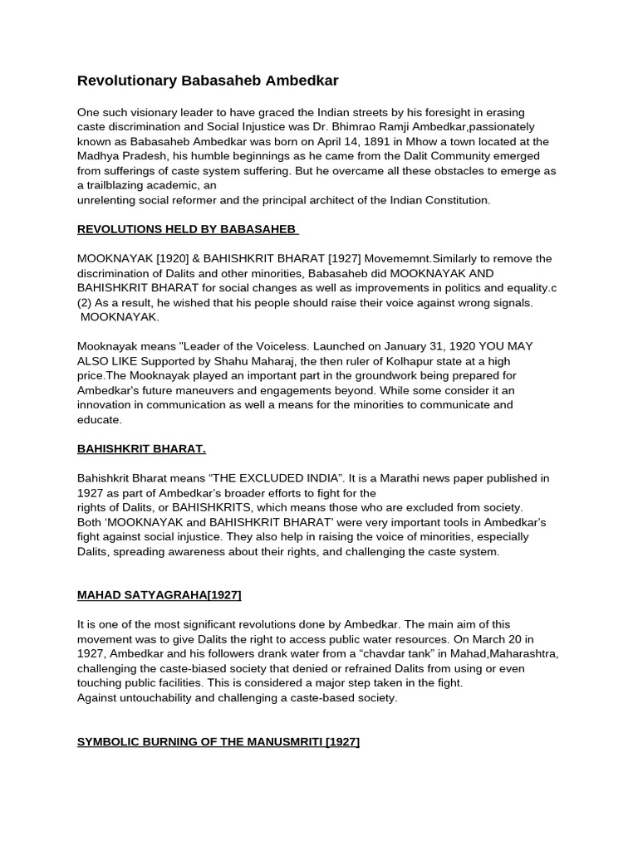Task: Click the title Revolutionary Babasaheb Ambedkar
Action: pos(208,81)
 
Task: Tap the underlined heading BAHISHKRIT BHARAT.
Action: pos(141,448)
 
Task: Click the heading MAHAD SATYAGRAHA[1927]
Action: pos(159,594)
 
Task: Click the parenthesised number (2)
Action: pos(86,303)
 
